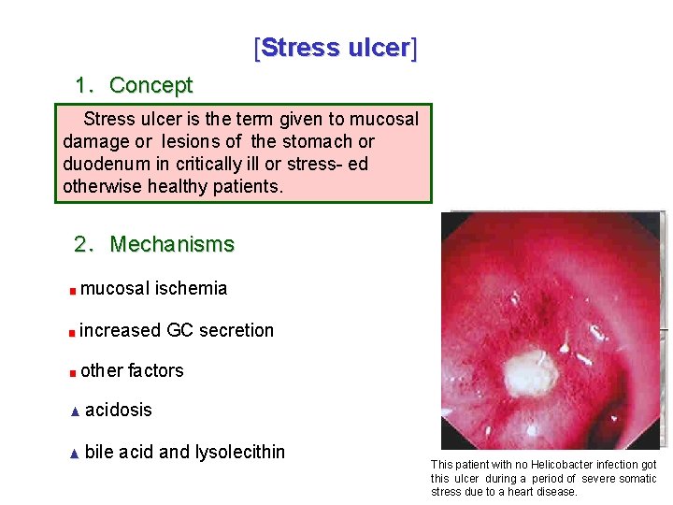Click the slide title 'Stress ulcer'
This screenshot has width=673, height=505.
coord(336,48)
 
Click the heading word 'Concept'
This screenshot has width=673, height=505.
coord(150,85)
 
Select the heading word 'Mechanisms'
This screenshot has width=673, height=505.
coord(172,244)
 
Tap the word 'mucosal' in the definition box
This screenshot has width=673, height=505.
coord(386,119)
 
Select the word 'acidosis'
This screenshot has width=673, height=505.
coord(119,411)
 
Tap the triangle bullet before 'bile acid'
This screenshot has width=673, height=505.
coord(75,454)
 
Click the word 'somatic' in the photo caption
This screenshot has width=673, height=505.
coord(637,478)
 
